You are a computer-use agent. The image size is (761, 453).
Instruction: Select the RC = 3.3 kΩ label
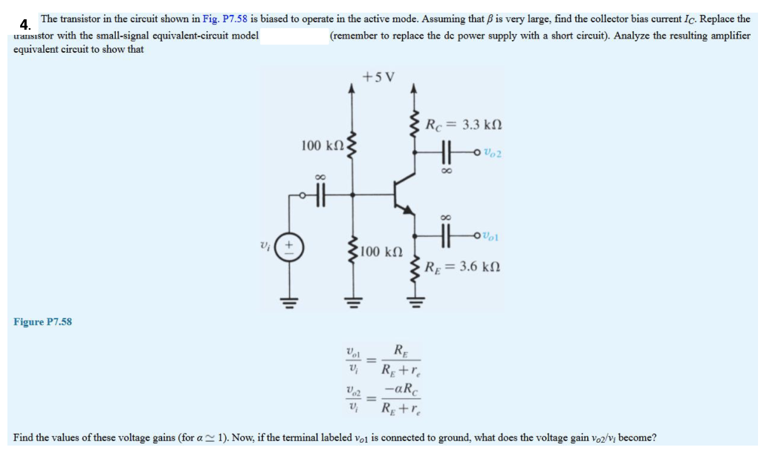[x=464, y=124]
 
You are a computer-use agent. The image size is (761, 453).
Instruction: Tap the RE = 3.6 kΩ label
[x=465, y=266]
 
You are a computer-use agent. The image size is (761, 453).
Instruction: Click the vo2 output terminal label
[x=491, y=154]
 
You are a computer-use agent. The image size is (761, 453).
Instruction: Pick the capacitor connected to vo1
[x=447, y=235]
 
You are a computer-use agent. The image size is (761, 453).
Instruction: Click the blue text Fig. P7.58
[x=224, y=19]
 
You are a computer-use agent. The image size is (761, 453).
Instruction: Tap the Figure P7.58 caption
[x=42, y=322]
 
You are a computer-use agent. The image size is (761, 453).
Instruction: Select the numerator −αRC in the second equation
[x=398, y=388]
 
